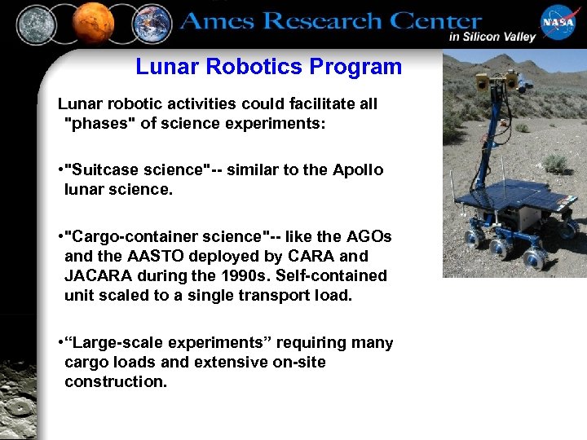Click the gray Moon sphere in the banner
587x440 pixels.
36,24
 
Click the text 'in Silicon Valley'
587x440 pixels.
492,37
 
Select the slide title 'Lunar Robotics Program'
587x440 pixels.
268,67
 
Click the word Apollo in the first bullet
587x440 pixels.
358,170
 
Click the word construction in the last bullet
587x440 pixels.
115,382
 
